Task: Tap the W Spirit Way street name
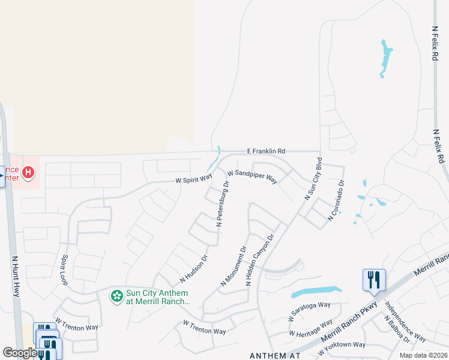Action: click(x=194, y=179)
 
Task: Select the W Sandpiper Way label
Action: click(x=252, y=176)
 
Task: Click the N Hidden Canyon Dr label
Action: click(x=261, y=259)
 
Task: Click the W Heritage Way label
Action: click(x=311, y=328)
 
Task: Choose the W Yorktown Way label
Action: click(x=343, y=344)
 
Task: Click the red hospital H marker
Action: click(x=28, y=173)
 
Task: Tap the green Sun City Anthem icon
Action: click(x=117, y=296)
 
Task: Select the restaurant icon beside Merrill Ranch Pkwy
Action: click(x=373, y=279)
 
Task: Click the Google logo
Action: click(x=20, y=353)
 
